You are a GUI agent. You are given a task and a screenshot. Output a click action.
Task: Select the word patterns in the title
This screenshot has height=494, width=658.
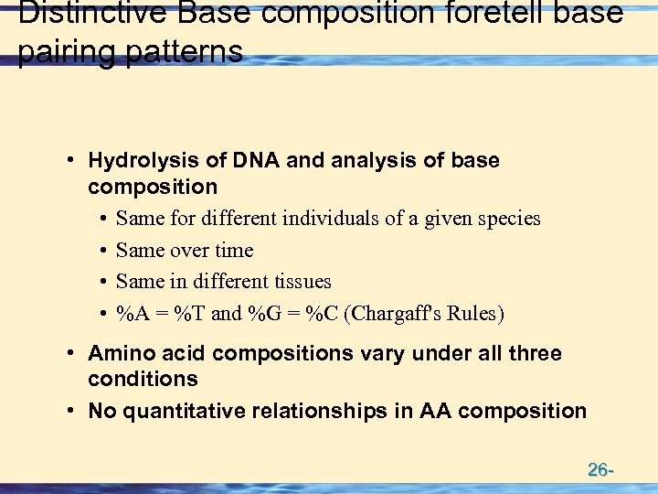pyautogui.click(x=193, y=51)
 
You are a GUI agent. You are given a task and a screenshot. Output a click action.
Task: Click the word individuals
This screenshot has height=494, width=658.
pyautogui.click(x=336, y=219)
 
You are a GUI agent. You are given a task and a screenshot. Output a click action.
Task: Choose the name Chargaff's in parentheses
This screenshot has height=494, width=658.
pyautogui.click(x=392, y=314)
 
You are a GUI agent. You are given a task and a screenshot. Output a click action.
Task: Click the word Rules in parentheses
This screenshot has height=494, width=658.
pyautogui.click(x=472, y=314)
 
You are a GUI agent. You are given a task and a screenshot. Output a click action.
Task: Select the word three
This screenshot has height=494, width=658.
pyautogui.click(x=534, y=353)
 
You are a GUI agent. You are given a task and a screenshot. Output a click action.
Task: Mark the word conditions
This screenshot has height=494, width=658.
pyautogui.click(x=143, y=379)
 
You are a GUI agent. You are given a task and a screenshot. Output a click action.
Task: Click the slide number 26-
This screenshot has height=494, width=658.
pyautogui.click(x=600, y=470)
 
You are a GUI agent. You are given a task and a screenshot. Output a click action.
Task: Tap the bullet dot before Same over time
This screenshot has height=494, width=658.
pyautogui.click(x=105, y=251)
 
